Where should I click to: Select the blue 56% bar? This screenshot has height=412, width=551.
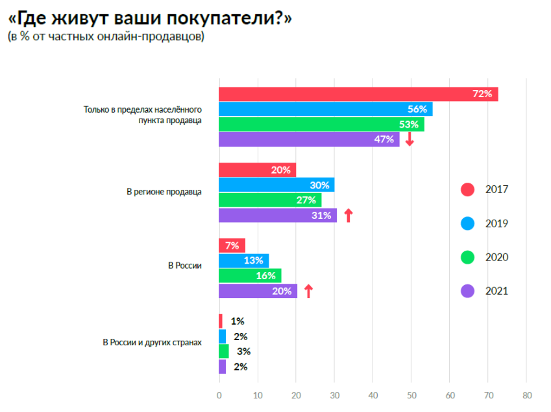tap(325, 109)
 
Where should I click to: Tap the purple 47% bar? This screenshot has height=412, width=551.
tap(309, 139)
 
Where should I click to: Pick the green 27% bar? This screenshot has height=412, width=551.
tap(270, 200)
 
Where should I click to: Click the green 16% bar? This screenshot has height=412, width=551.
tap(250, 276)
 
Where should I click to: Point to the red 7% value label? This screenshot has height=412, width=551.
tap(232, 246)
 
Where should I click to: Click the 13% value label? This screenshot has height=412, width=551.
tap(254, 260)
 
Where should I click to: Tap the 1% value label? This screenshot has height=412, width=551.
tap(237, 321)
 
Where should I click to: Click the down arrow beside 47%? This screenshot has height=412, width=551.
tap(409, 139)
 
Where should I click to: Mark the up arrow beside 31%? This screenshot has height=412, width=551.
tap(348, 215)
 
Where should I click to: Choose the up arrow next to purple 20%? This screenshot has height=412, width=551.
tap(308, 291)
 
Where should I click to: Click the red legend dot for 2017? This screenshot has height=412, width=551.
tap(467, 190)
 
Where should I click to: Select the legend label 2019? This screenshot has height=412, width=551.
tap(496, 223)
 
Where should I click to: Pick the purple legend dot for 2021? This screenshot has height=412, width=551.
tap(467, 291)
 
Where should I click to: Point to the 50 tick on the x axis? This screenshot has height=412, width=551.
tap(411, 395)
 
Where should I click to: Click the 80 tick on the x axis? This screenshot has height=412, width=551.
tap(527, 395)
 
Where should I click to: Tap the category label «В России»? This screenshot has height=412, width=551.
tap(185, 266)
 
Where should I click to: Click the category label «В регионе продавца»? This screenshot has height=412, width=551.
tap(164, 192)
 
